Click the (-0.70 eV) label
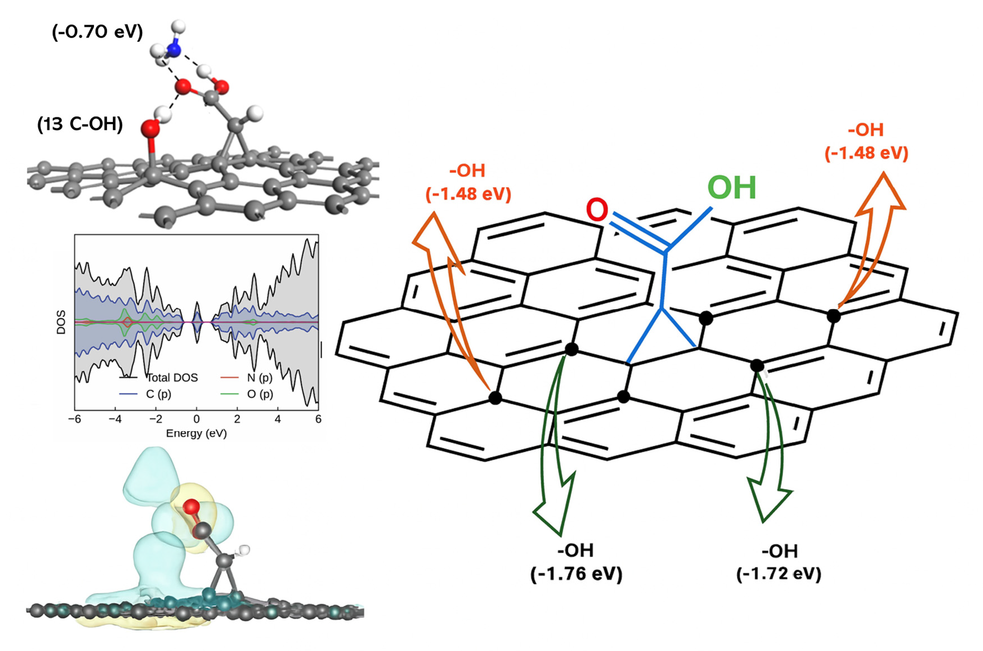pyautogui.click(x=97, y=32)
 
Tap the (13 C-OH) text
pyautogui.click(x=80, y=124)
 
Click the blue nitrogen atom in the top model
pyautogui.click(x=174, y=49)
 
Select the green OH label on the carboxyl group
pyautogui.click(x=731, y=188)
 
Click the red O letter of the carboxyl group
pyautogui.click(x=597, y=210)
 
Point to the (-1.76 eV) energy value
pyautogui.click(x=576, y=574)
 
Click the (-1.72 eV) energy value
pyautogui.click(x=779, y=574)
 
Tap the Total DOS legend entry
pyautogui.click(x=171, y=378)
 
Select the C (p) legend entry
pyautogui.click(x=158, y=394)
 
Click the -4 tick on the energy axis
pyautogui.click(x=115, y=419)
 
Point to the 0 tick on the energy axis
pyautogui.click(x=196, y=419)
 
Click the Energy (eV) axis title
pyautogui.click(x=196, y=433)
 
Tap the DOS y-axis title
pyautogui.click(x=62, y=323)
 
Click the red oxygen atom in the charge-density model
pyautogui.click(x=191, y=507)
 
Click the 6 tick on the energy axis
pyautogui.click(x=318, y=419)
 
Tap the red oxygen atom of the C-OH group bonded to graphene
pyautogui.click(x=150, y=129)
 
